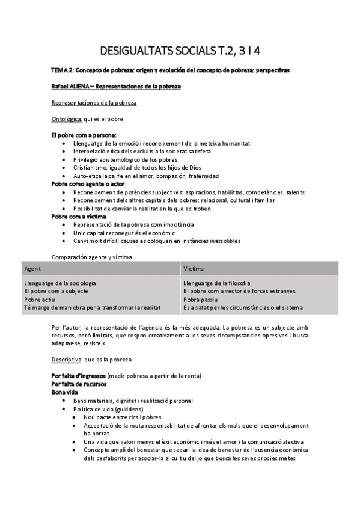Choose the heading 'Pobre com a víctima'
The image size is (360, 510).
79,216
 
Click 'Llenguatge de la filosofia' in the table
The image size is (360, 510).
217,283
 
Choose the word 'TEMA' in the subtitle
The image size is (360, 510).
60,70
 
